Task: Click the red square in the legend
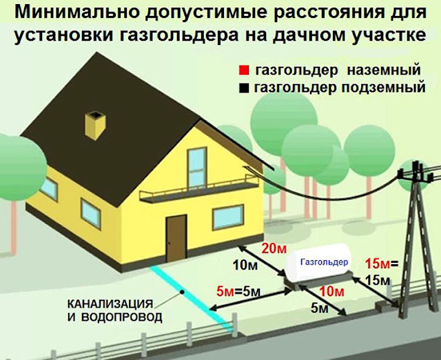tap(244, 70)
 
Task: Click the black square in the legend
tap(244, 88)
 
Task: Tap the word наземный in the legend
tap(384, 70)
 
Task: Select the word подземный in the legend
tap(383, 88)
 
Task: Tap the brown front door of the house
tap(176, 238)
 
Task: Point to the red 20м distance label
tap(274, 249)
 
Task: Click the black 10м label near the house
tap(245, 265)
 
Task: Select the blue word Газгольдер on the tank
tap(325, 262)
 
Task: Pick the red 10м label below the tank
tap(332, 292)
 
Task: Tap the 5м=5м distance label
tap(238, 292)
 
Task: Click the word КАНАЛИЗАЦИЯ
tap(110, 304)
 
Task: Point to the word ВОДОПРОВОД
tap(121, 317)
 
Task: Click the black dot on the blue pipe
tap(182, 292)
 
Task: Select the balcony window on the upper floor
tap(197, 167)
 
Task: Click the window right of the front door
tap(228, 217)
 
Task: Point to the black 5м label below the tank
tap(320, 309)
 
